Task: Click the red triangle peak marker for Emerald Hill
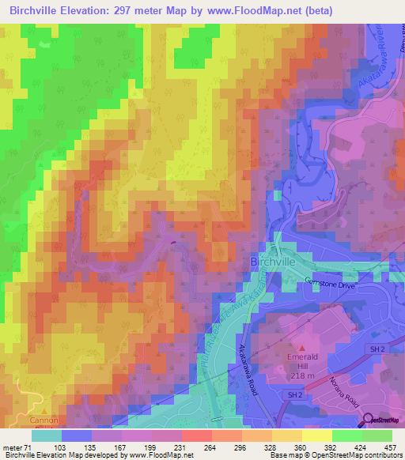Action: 300,346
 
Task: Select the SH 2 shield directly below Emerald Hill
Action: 295,394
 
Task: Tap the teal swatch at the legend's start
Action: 47,435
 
